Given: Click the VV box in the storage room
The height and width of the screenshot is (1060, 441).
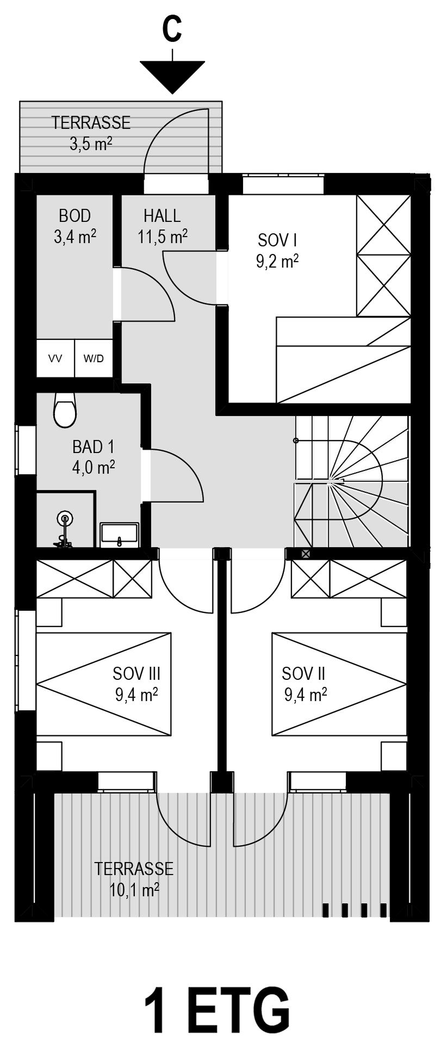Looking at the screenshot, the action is click(x=55, y=358).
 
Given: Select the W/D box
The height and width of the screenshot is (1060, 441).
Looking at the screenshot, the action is click(x=94, y=358).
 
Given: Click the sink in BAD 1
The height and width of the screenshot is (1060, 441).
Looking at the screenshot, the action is click(x=120, y=535).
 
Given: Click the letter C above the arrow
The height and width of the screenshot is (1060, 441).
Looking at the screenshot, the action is click(x=172, y=29).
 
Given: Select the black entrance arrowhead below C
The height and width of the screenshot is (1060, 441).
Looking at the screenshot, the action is click(x=172, y=76).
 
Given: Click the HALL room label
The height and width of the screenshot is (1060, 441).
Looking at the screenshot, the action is click(x=162, y=216).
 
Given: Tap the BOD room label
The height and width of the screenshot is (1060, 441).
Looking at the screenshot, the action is click(x=74, y=216).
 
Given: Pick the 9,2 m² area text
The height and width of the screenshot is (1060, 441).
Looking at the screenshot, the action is click(x=277, y=262).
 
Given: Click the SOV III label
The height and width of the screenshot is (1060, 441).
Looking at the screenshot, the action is click(x=136, y=674).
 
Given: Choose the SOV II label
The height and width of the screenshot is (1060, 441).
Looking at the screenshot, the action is click(x=303, y=674).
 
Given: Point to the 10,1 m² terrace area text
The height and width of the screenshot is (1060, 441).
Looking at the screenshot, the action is click(x=134, y=890).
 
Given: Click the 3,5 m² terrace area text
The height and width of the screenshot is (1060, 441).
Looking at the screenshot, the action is click(x=91, y=144).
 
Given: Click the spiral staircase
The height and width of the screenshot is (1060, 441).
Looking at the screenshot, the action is click(x=351, y=481).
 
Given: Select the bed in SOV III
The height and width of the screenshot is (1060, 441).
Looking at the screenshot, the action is click(x=103, y=684).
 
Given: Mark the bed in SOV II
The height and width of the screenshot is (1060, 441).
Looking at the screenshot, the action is click(x=339, y=684).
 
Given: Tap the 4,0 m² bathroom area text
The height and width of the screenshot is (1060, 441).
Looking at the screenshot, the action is click(x=94, y=467).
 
